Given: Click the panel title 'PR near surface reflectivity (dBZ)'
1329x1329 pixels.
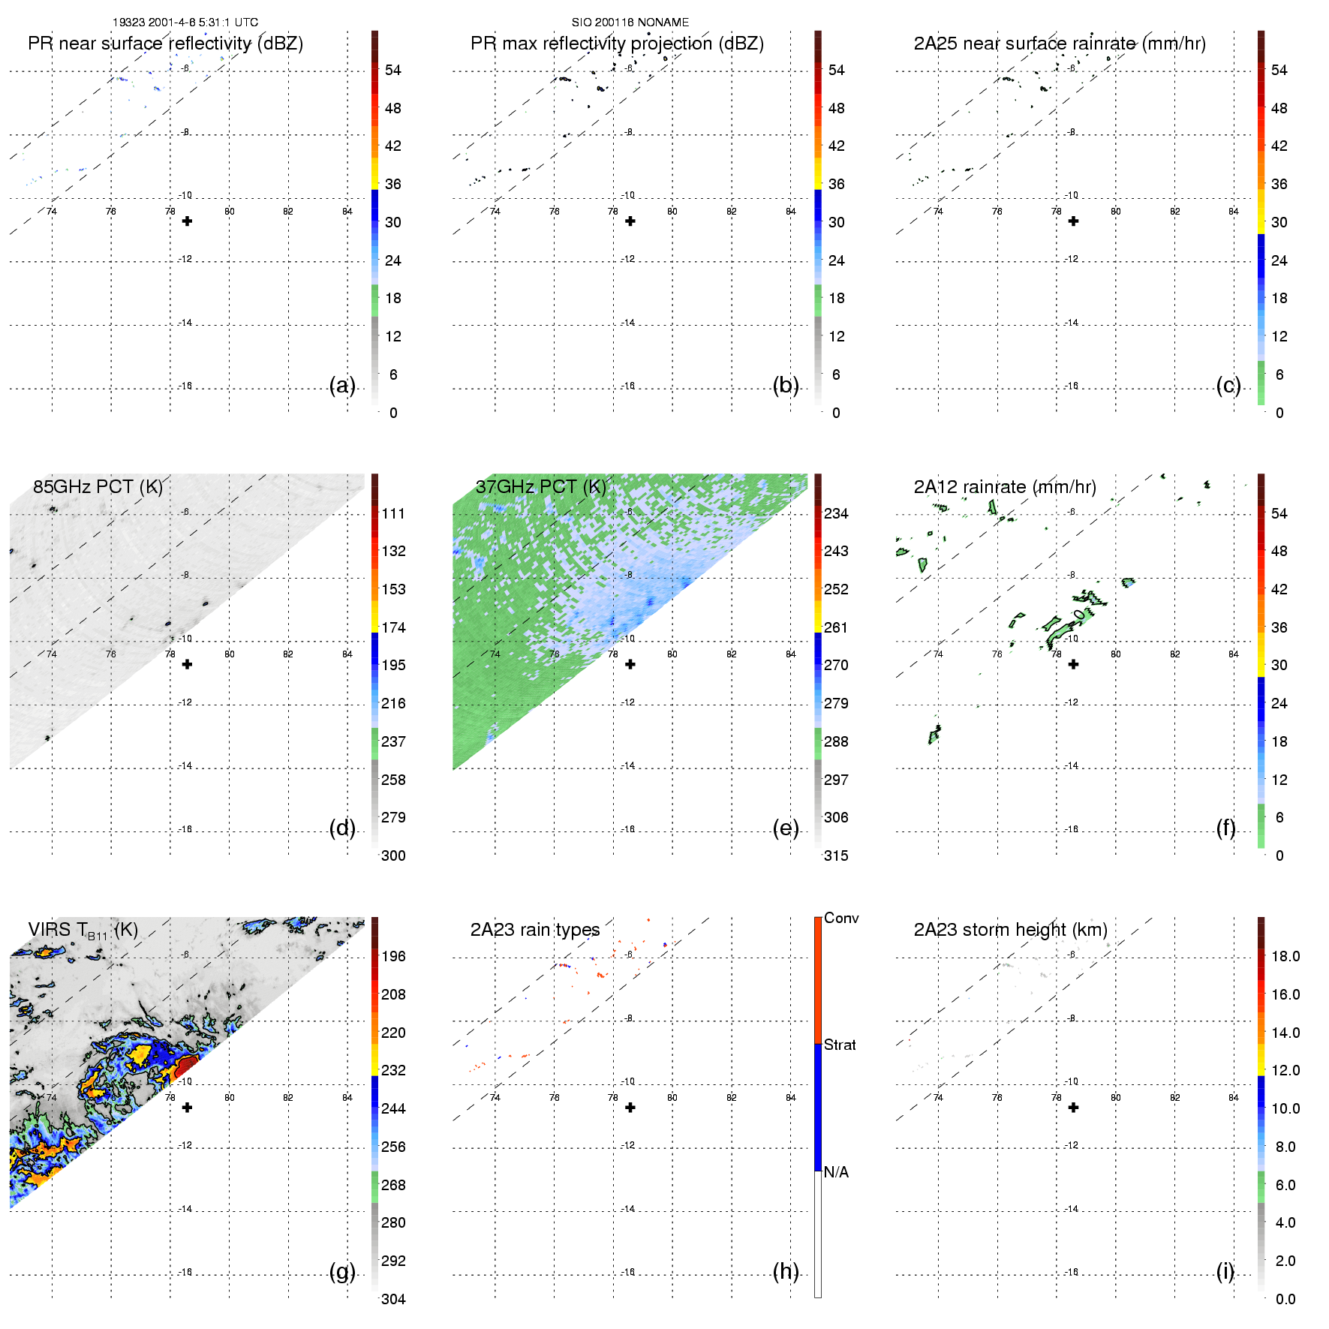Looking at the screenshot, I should tap(165, 44).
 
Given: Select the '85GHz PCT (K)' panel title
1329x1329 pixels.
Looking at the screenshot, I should tap(98, 487).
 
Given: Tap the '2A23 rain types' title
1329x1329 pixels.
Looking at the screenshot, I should tap(534, 930).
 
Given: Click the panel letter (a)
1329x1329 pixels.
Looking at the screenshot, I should tap(342, 386).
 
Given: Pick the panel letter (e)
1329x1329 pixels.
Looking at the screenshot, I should tap(785, 828).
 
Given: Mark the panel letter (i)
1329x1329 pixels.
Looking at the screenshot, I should tap(1225, 1271).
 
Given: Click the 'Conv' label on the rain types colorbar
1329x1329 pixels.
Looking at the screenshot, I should tap(841, 918).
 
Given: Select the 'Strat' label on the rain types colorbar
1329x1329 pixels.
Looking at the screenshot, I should tap(840, 1045).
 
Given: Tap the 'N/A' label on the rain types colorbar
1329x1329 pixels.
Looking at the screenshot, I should tap(836, 1172).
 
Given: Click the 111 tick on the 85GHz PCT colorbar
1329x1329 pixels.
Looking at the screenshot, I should tap(393, 513).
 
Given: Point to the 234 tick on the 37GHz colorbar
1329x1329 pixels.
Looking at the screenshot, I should tap(836, 513).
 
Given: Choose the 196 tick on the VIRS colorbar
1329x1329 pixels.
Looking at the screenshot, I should tap(393, 956).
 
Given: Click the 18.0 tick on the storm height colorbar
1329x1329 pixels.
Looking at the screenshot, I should tap(1285, 956).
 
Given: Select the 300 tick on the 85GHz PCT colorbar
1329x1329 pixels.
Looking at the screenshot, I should tap(393, 855).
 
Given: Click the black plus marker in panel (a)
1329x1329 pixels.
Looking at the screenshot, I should tap(187, 221).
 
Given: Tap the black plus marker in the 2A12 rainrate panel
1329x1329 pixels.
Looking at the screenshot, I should tap(1073, 664).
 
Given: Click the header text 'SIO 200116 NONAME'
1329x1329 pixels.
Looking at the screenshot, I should tap(630, 23).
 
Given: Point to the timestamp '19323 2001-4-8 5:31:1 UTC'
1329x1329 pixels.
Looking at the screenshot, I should tap(185, 23).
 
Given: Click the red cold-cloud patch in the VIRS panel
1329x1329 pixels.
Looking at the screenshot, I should tap(186, 1066).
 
